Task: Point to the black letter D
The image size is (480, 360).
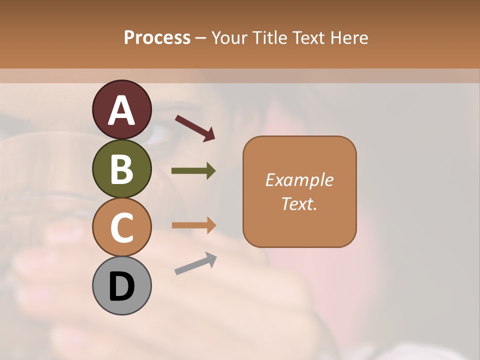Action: (x=122, y=287)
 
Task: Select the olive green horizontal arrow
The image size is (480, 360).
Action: (x=193, y=171)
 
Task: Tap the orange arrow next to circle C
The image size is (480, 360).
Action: (x=193, y=225)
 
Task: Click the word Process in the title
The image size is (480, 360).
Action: (x=157, y=37)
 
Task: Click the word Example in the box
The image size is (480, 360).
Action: (x=299, y=180)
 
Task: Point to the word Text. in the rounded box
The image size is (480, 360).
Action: (x=299, y=203)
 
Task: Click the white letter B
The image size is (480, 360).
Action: (x=122, y=169)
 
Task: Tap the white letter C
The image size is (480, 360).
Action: (x=122, y=228)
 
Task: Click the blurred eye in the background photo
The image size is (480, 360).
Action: (x=159, y=133)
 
